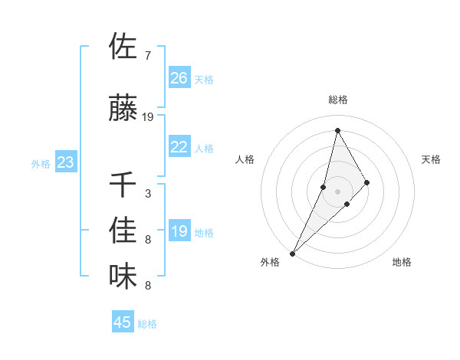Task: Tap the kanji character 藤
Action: click(123, 108)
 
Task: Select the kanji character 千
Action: click(123, 185)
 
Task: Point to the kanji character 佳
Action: click(123, 231)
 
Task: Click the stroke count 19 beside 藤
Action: click(148, 117)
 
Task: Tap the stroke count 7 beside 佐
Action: click(147, 56)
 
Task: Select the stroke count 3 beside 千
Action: click(147, 194)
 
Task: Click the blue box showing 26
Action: click(179, 78)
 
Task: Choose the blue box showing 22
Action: click(179, 147)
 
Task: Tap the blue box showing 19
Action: click(179, 231)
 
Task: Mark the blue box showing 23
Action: click(66, 162)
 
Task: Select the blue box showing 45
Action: click(123, 322)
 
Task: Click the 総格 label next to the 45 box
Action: click(147, 324)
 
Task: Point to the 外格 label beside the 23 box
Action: click(41, 164)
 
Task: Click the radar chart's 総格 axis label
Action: click(337, 100)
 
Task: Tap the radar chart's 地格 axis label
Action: click(402, 262)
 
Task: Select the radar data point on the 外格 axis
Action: click(292, 253)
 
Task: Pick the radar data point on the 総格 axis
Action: click(337, 129)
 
